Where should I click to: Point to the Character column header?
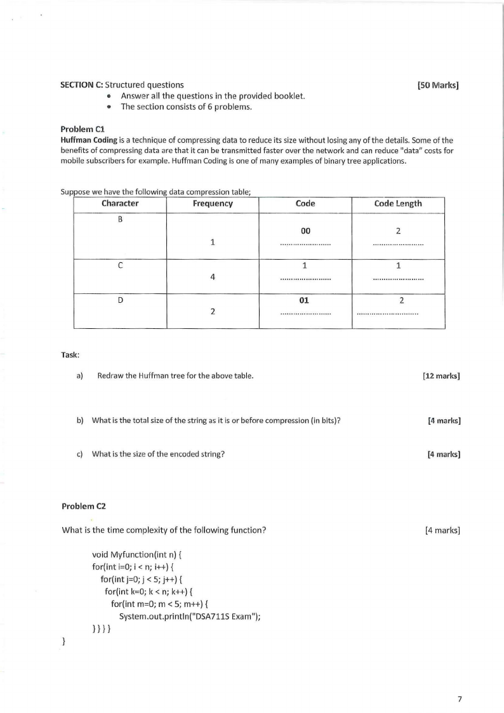tap(120, 204)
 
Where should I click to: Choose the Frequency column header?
tap(213, 204)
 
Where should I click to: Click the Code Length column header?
tap(397, 204)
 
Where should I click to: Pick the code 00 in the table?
tap(305, 231)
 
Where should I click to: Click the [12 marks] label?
tap(441, 376)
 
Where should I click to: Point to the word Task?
tap(70, 356)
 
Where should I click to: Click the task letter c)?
tap(80, 454)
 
